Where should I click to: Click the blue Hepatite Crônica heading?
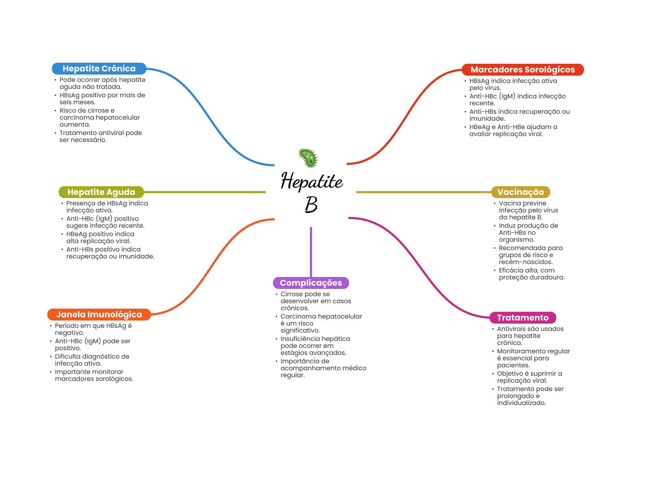click(x=99, y=69)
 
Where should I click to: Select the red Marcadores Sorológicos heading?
click(x=523, y=70)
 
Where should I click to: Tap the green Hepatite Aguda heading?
click(x=101, y=192)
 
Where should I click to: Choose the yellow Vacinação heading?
click(x=520, y=192)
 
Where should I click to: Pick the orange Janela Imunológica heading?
click(x=99, y=314)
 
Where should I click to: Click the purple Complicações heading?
click(x=311, y=283)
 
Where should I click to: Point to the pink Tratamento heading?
click(x=523, y=318)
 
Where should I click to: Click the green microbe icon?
click(x=308, y=158)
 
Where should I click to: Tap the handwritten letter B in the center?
click(x=311, y=204)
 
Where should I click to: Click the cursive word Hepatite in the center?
click(x=312, y=181)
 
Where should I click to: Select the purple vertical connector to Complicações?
click(x=311, y=252)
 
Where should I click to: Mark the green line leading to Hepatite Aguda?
click(x=205, y=192)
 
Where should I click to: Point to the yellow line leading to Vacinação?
click(x=424, y=192)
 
